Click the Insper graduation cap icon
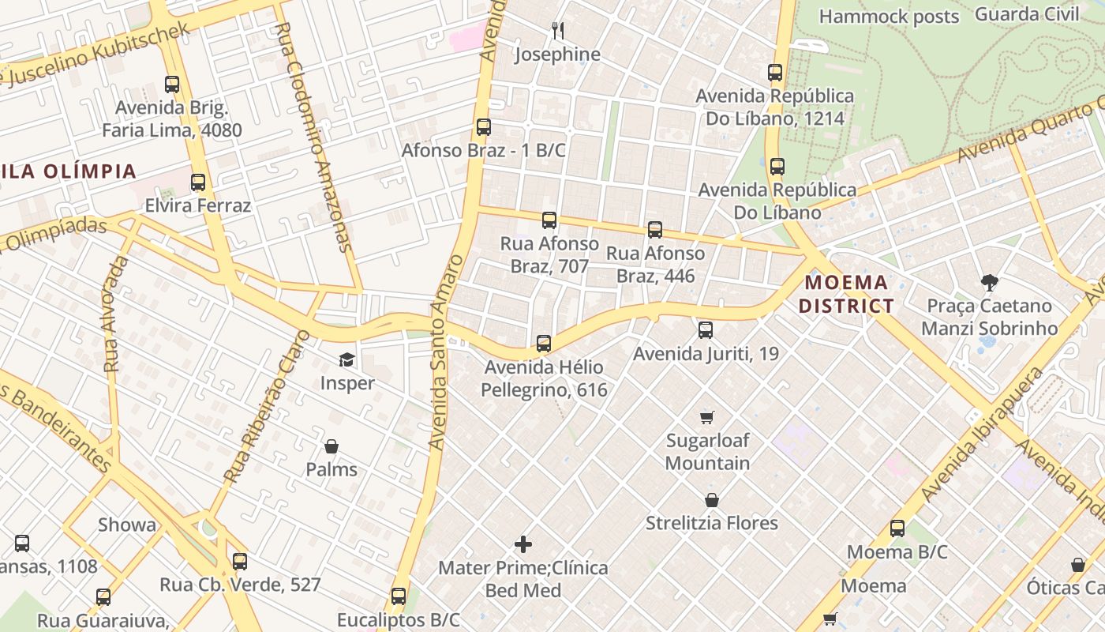[x=346, y=360]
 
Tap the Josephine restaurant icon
[x=558, y=31]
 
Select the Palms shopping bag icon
[x=331, y=446]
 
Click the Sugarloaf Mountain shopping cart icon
[x=707, y=417]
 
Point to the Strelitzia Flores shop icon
[x=712, y=500]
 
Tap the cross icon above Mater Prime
[x=523, y=544]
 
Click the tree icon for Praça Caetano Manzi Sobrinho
[x=989, y=283]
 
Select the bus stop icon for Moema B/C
[x=897, y=529]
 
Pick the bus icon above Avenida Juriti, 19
[x=706, y=330]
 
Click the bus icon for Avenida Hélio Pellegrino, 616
[x=544, y=344]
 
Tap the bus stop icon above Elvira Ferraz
[x=198, y=182]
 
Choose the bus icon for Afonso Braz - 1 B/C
[x=484, y=127]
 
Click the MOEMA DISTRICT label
[x=846, y=294]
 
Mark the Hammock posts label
[x=889, y=17]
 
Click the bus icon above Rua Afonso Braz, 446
[x=655, y=230]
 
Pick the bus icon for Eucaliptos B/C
[x=399, y=596]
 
